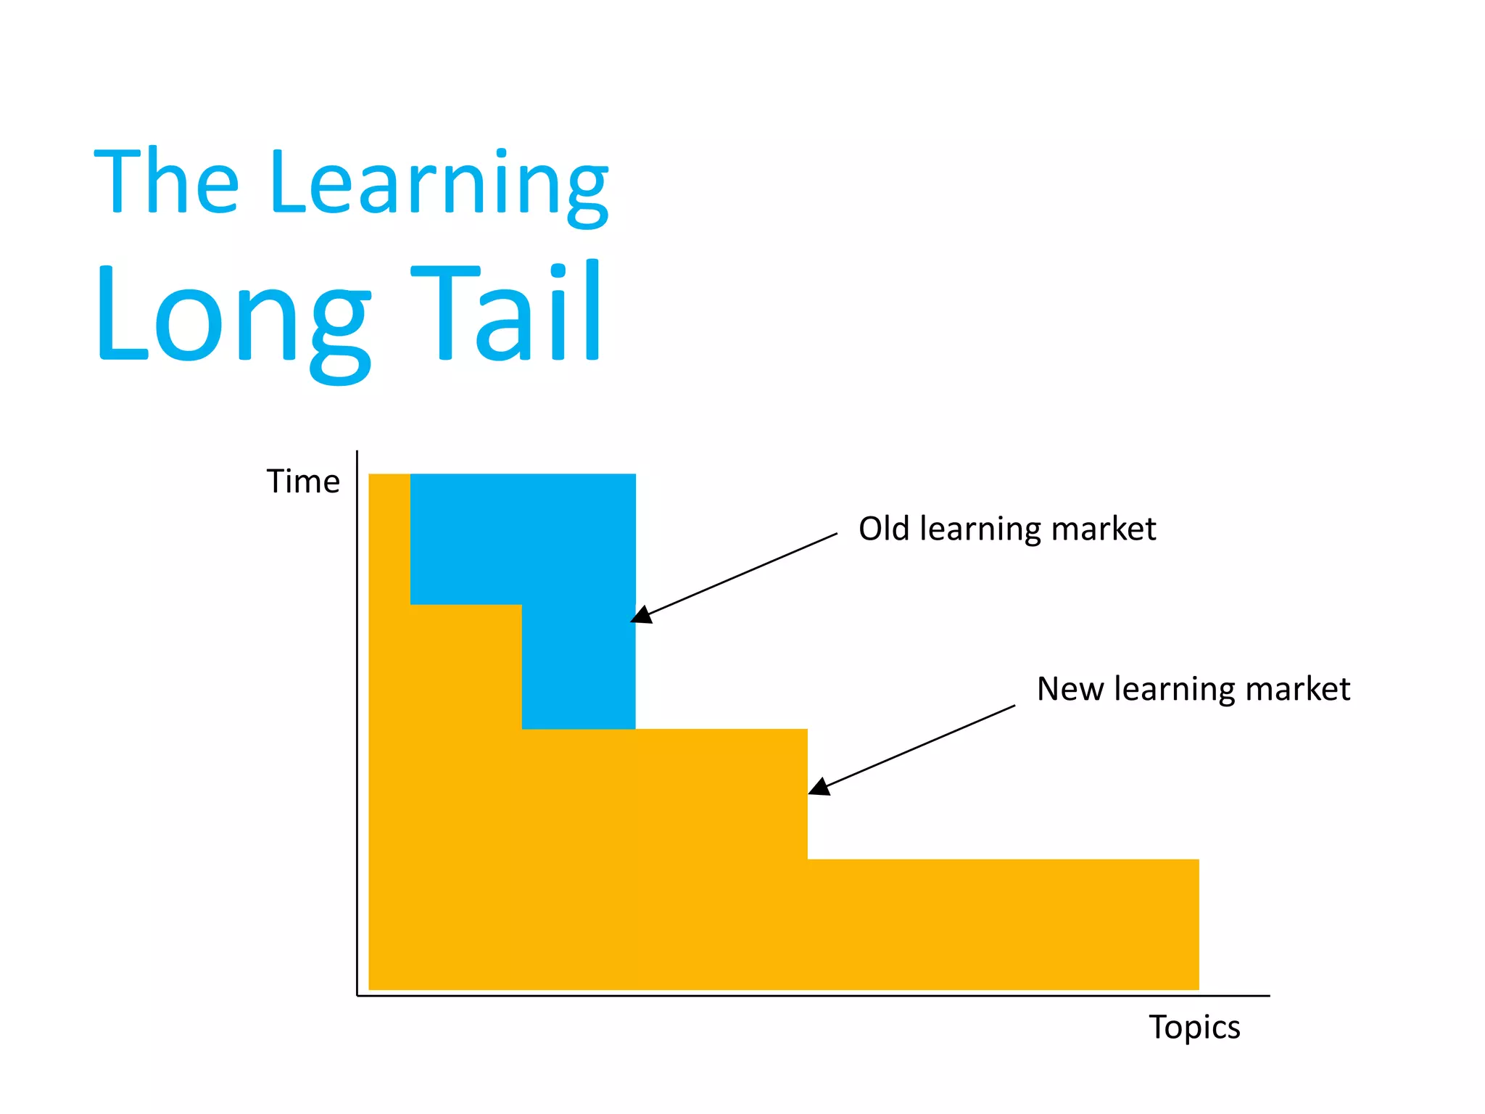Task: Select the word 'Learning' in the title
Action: (x=438, y=185)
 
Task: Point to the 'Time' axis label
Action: (x=303, y=482)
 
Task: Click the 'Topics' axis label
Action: (x=1194, y=1028)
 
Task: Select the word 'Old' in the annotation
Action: (x=883, y=529)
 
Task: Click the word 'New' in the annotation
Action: (x=1070, y=689)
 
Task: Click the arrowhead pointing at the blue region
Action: (x=641, y=616)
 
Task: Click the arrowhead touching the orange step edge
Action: (x=819, y=788)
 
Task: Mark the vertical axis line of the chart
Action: (x=357, y=725)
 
